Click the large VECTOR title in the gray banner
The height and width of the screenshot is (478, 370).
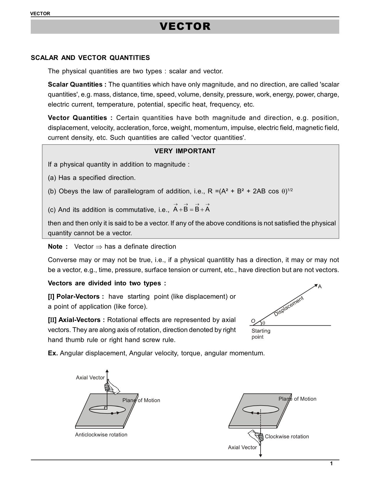[x=185, y=26]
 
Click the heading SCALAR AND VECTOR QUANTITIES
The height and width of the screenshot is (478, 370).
[x=90, y=58]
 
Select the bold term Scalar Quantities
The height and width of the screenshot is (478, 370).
[x=77, y=85]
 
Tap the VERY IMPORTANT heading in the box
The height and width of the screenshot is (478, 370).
[x=185, y=151]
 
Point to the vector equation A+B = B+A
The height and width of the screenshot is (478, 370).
[x=191, y=209]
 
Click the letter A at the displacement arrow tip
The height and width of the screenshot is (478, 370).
[x=320, y=287]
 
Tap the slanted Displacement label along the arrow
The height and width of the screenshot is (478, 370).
[x=288, y=306]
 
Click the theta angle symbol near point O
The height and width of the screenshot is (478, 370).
[x=263, y=323]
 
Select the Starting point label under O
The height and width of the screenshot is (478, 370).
[x=260, y=334]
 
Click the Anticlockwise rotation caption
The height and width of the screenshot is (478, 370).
[x=101, y=435]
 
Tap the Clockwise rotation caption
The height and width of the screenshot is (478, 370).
[x=287, y=437]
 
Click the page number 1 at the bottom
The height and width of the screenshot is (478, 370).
[x=331, y=464]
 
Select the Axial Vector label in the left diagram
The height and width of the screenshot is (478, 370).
[x=90, y=377]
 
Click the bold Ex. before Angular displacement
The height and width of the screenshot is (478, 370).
[x=53, y=353]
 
